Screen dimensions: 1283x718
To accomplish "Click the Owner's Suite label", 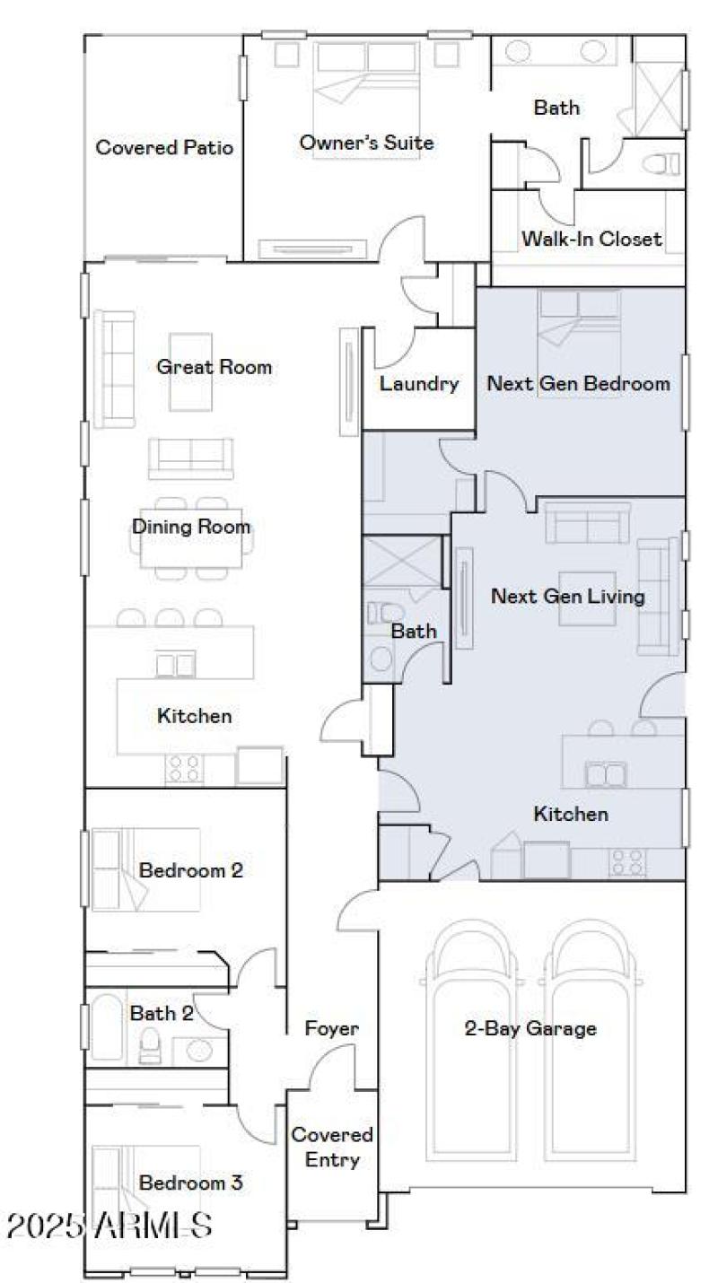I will click(x=366, y=143).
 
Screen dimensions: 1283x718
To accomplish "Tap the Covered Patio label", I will click(x=164, y=148).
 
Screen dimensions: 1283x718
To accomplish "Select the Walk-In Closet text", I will click(x=591, y=239).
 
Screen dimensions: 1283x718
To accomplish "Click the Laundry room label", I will click(x=418, y=384).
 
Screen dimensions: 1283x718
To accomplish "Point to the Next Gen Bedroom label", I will click(x=578, y=384).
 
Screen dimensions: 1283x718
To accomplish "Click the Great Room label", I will click(x=214, y=367).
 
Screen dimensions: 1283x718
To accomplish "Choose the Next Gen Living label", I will click(x=567, y=596).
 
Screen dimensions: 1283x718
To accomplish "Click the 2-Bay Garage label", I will click(x=530, y=1028).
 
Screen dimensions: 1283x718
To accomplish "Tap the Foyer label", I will click(x=331, y=1028).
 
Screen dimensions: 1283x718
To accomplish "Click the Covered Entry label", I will click(x=331, y=1148).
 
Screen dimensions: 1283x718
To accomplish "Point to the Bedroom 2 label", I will click(x=191, y=870).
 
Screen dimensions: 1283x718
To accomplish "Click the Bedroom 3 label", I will click(x=190, y=1183).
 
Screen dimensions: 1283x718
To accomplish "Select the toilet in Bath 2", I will click(x=150, y=1046).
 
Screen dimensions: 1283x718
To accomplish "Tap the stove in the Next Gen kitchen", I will click(x=627, y=861).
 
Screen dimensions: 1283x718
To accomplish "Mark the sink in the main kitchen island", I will click(x=176, y=665).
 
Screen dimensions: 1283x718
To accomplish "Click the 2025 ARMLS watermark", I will click(x=109, y=1226).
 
